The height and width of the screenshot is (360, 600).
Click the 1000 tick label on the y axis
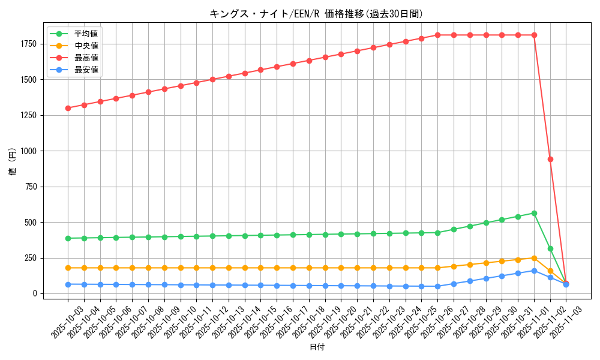point(29,151)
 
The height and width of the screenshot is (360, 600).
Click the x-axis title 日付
point(317,347)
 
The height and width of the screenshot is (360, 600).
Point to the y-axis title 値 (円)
point(13,163)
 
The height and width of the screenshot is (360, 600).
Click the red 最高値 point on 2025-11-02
point(550,159)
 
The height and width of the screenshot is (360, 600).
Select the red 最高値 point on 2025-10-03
point(68,108)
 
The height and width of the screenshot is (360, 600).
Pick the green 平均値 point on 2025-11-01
point(534,213)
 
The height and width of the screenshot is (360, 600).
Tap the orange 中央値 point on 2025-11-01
point(534,258)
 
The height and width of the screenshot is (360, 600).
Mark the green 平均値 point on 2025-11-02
point(550,248)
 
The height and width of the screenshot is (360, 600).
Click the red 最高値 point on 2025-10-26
point(437,35)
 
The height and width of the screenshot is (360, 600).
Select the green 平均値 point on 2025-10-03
point(68,238)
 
